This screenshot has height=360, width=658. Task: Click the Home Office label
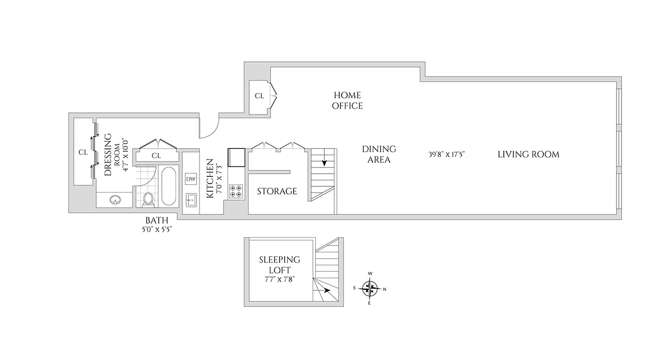pyautogui.click(x=347, y=100)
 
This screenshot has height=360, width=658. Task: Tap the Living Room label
pyautogui.click(x=528, y=154)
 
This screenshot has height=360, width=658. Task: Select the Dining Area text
pyautogui.click(x=379, y=154)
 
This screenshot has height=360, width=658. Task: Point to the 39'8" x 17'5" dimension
pyautogui.click(x=446, y=154)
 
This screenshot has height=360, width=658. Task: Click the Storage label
pyautogui.click(x=277, y=191)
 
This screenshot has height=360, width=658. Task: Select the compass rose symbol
pyautogui.click(x=370, y=288)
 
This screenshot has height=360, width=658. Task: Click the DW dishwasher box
pyautogui.click(x=191, y=179)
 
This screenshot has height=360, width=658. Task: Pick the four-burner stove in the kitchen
pyautogui.click(x=236, y=192)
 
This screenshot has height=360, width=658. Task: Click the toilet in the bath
pyautogui.click(x=148, y=199)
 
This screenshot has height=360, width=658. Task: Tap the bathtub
pyautogui.click(x=169, y=186)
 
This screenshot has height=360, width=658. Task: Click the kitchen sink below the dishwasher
pyautogui.click(x=191, y=199)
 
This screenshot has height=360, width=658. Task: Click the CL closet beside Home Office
pyautogui.click(x=260, y=96)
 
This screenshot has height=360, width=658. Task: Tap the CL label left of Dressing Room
pyautogui.click(x=83, y=152)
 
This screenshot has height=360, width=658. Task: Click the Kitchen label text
pyautogui.click(x=210, y=178)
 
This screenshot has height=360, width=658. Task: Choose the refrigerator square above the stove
pyautogui.click(x=237, y=157)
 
